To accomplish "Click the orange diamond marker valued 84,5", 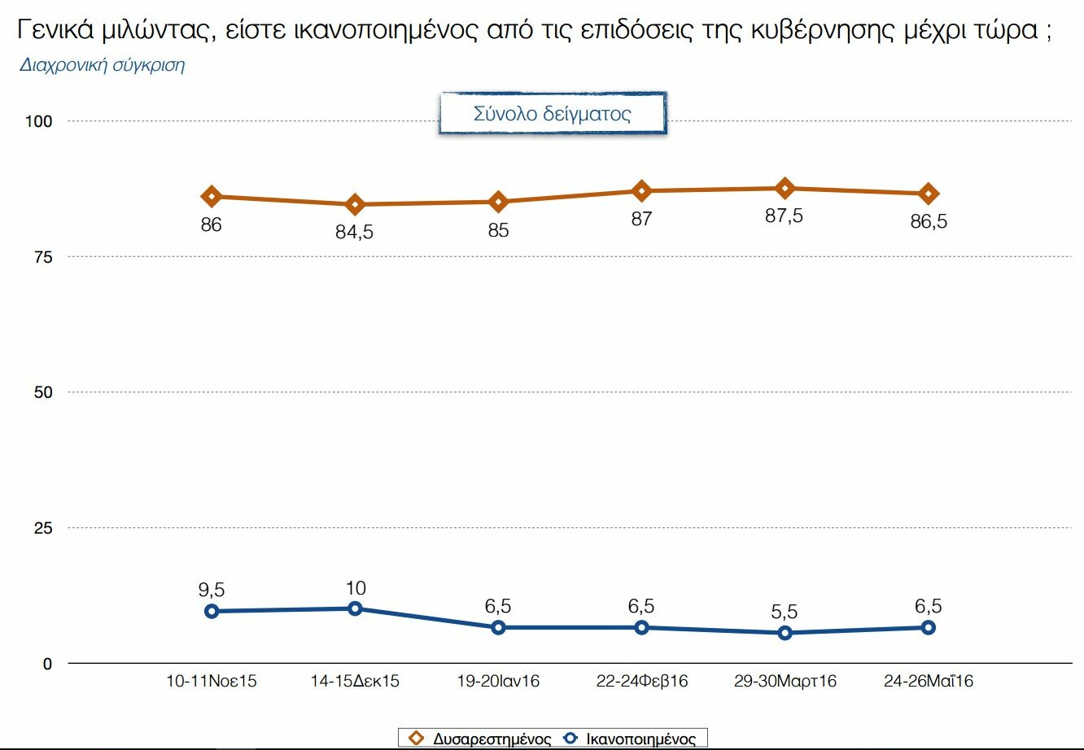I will tap(355, 204).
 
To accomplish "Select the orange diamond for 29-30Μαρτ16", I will tap(785, 189).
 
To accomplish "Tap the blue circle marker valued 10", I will tap(355, 608).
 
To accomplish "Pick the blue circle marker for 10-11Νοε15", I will tap(212, 611).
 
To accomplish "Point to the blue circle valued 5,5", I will tap(785, 633).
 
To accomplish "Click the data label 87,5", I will tap(784, 216).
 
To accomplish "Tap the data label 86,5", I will tap(929, 221).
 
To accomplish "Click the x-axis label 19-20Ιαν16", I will tap(498, 682).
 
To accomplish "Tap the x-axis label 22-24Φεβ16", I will tap(642, 682).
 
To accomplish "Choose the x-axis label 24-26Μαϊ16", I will tap(929, 682).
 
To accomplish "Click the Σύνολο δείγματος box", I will tap(553, 114).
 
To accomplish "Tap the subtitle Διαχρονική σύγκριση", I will tap(102, 65).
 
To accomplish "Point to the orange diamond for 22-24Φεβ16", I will tap(642, 191).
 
